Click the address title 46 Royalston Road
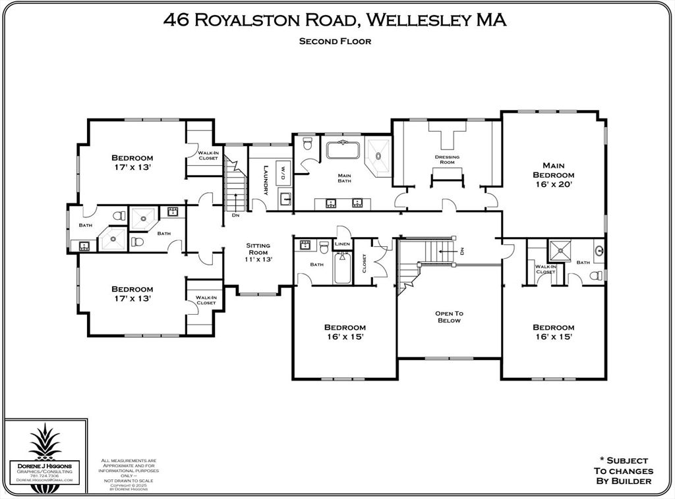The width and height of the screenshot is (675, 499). pyautogui.click(x=335, y=20)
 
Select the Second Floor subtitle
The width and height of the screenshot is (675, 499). pyautogui.click(x=335, y=41)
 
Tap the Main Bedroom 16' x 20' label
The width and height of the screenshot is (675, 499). pyautogui.click(x=553, y=175)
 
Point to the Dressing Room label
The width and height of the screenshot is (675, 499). pyautogui.click(x=447, y=159)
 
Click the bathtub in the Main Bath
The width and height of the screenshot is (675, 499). pyautogui.click(x=343, y=149)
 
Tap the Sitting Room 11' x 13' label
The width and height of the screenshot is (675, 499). pyautogui.click(x=258, y=252)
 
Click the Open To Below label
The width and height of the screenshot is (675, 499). pyautogui.click(x=448, y=317)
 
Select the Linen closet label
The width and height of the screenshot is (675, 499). pyautogui.click(x=342, y=244)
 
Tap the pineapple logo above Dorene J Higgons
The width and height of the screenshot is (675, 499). pyautogui.click(x=44, y=442)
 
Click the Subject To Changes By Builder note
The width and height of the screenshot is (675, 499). pyautogui.click(x=623, y=471)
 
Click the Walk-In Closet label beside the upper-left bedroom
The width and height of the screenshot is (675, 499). pyautogui.click(x=208, y=155)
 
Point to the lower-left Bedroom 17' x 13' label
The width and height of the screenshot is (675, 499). pyautogui.click(x=132, y=294)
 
